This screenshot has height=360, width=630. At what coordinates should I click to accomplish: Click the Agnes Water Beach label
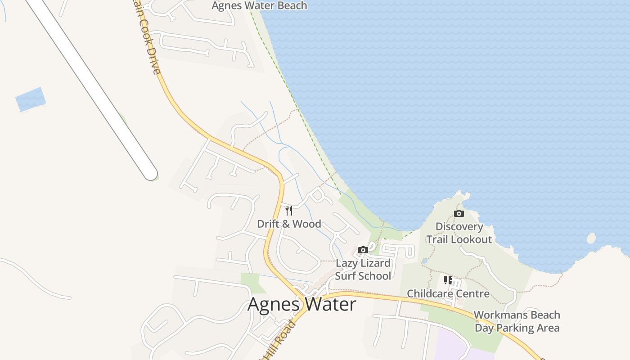pos(259,6)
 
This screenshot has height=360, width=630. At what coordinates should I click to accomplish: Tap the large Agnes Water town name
pos(301,305)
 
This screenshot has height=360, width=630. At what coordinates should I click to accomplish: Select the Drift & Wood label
pos(289,224)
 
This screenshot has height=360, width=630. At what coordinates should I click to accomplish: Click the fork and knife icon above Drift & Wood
pos(289,210)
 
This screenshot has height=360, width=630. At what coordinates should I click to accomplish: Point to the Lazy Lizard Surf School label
pos(363,270)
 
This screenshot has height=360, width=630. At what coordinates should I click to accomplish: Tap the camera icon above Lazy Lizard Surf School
pos(363,250)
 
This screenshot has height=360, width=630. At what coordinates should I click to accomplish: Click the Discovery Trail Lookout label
pos(459,233)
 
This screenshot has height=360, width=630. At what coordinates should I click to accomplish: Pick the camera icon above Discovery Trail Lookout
pos(459,213)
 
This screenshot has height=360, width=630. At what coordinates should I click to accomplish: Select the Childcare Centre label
pos(448,294)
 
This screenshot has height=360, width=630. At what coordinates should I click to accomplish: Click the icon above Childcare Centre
pos(448,280)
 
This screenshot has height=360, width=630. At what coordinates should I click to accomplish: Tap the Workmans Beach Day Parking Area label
pos(517,321)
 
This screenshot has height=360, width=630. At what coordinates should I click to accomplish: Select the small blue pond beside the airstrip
pos(31,99)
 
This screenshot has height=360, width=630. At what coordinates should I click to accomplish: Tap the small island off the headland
pos(591,238)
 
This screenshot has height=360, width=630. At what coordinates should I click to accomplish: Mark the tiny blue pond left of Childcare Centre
pos(425,261)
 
